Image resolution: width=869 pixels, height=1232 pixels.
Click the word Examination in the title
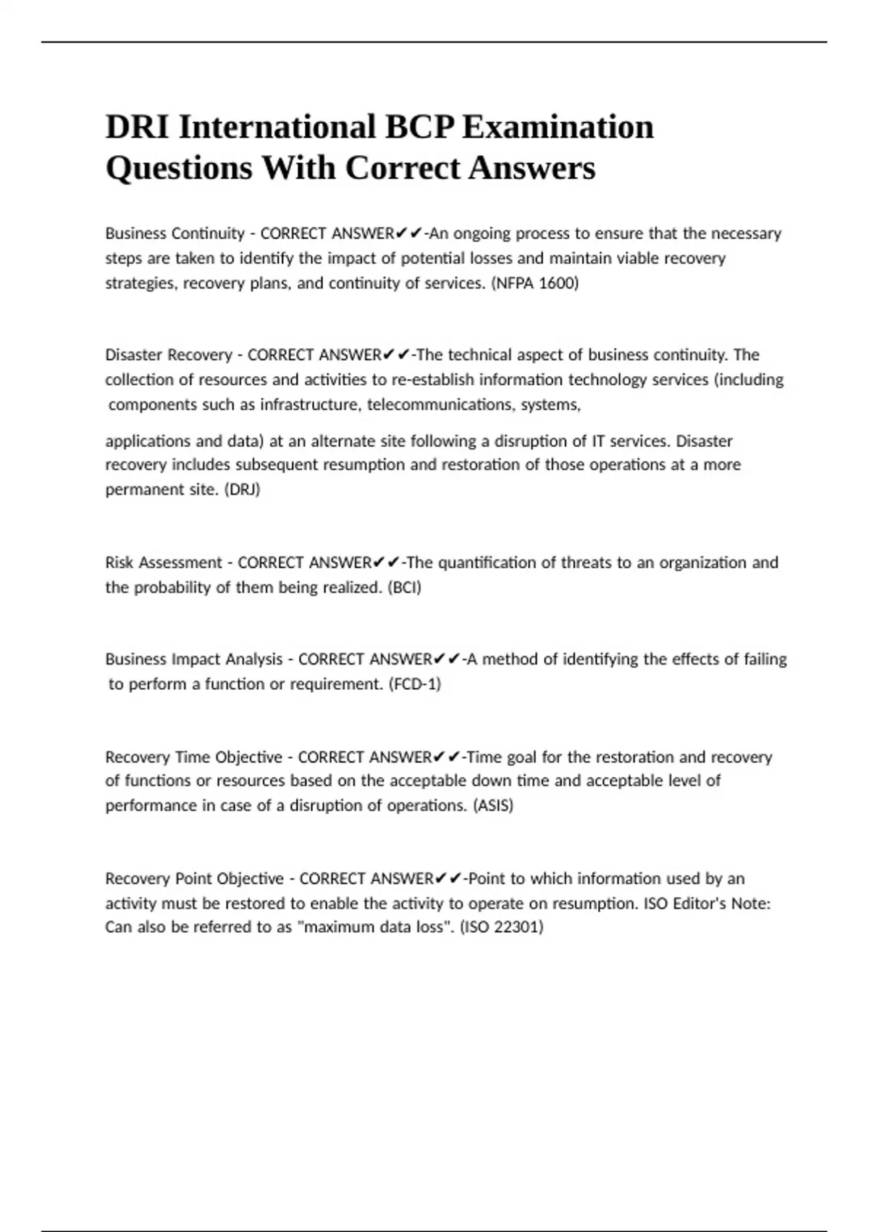[x=558, y=128]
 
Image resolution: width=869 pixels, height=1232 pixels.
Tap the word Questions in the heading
[x=180, y=169]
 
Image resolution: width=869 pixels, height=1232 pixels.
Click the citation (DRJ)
[x=243, y=490]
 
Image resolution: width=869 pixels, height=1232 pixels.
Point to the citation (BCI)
[x=405, y=588]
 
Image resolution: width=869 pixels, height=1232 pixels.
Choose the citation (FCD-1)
[x=414, y=684]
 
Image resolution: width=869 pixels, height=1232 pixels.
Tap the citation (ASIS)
[x=492, y=806]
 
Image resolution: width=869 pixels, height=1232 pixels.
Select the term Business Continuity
[x=175, y=233]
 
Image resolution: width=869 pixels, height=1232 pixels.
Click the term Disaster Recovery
[x=168, y=355]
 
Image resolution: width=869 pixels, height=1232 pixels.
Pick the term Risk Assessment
[x=164, y=563]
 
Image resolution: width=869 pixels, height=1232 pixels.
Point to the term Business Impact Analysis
[x=193, y=659]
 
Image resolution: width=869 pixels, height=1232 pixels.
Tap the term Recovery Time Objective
[x=193, y=757]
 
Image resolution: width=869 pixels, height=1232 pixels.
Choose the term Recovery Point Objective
[x=194, y=879]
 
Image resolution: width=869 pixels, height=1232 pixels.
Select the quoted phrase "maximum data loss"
[x=375, y=927]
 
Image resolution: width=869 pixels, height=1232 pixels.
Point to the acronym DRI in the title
[x=136, y=128]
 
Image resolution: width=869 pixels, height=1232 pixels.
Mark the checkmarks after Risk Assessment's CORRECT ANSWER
[x=387, y=563]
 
